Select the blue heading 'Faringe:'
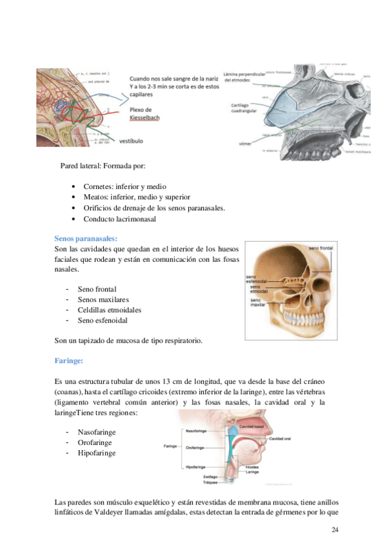coord(69,361)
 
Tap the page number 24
coord(334,530)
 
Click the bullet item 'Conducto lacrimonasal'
coord(119,219)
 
